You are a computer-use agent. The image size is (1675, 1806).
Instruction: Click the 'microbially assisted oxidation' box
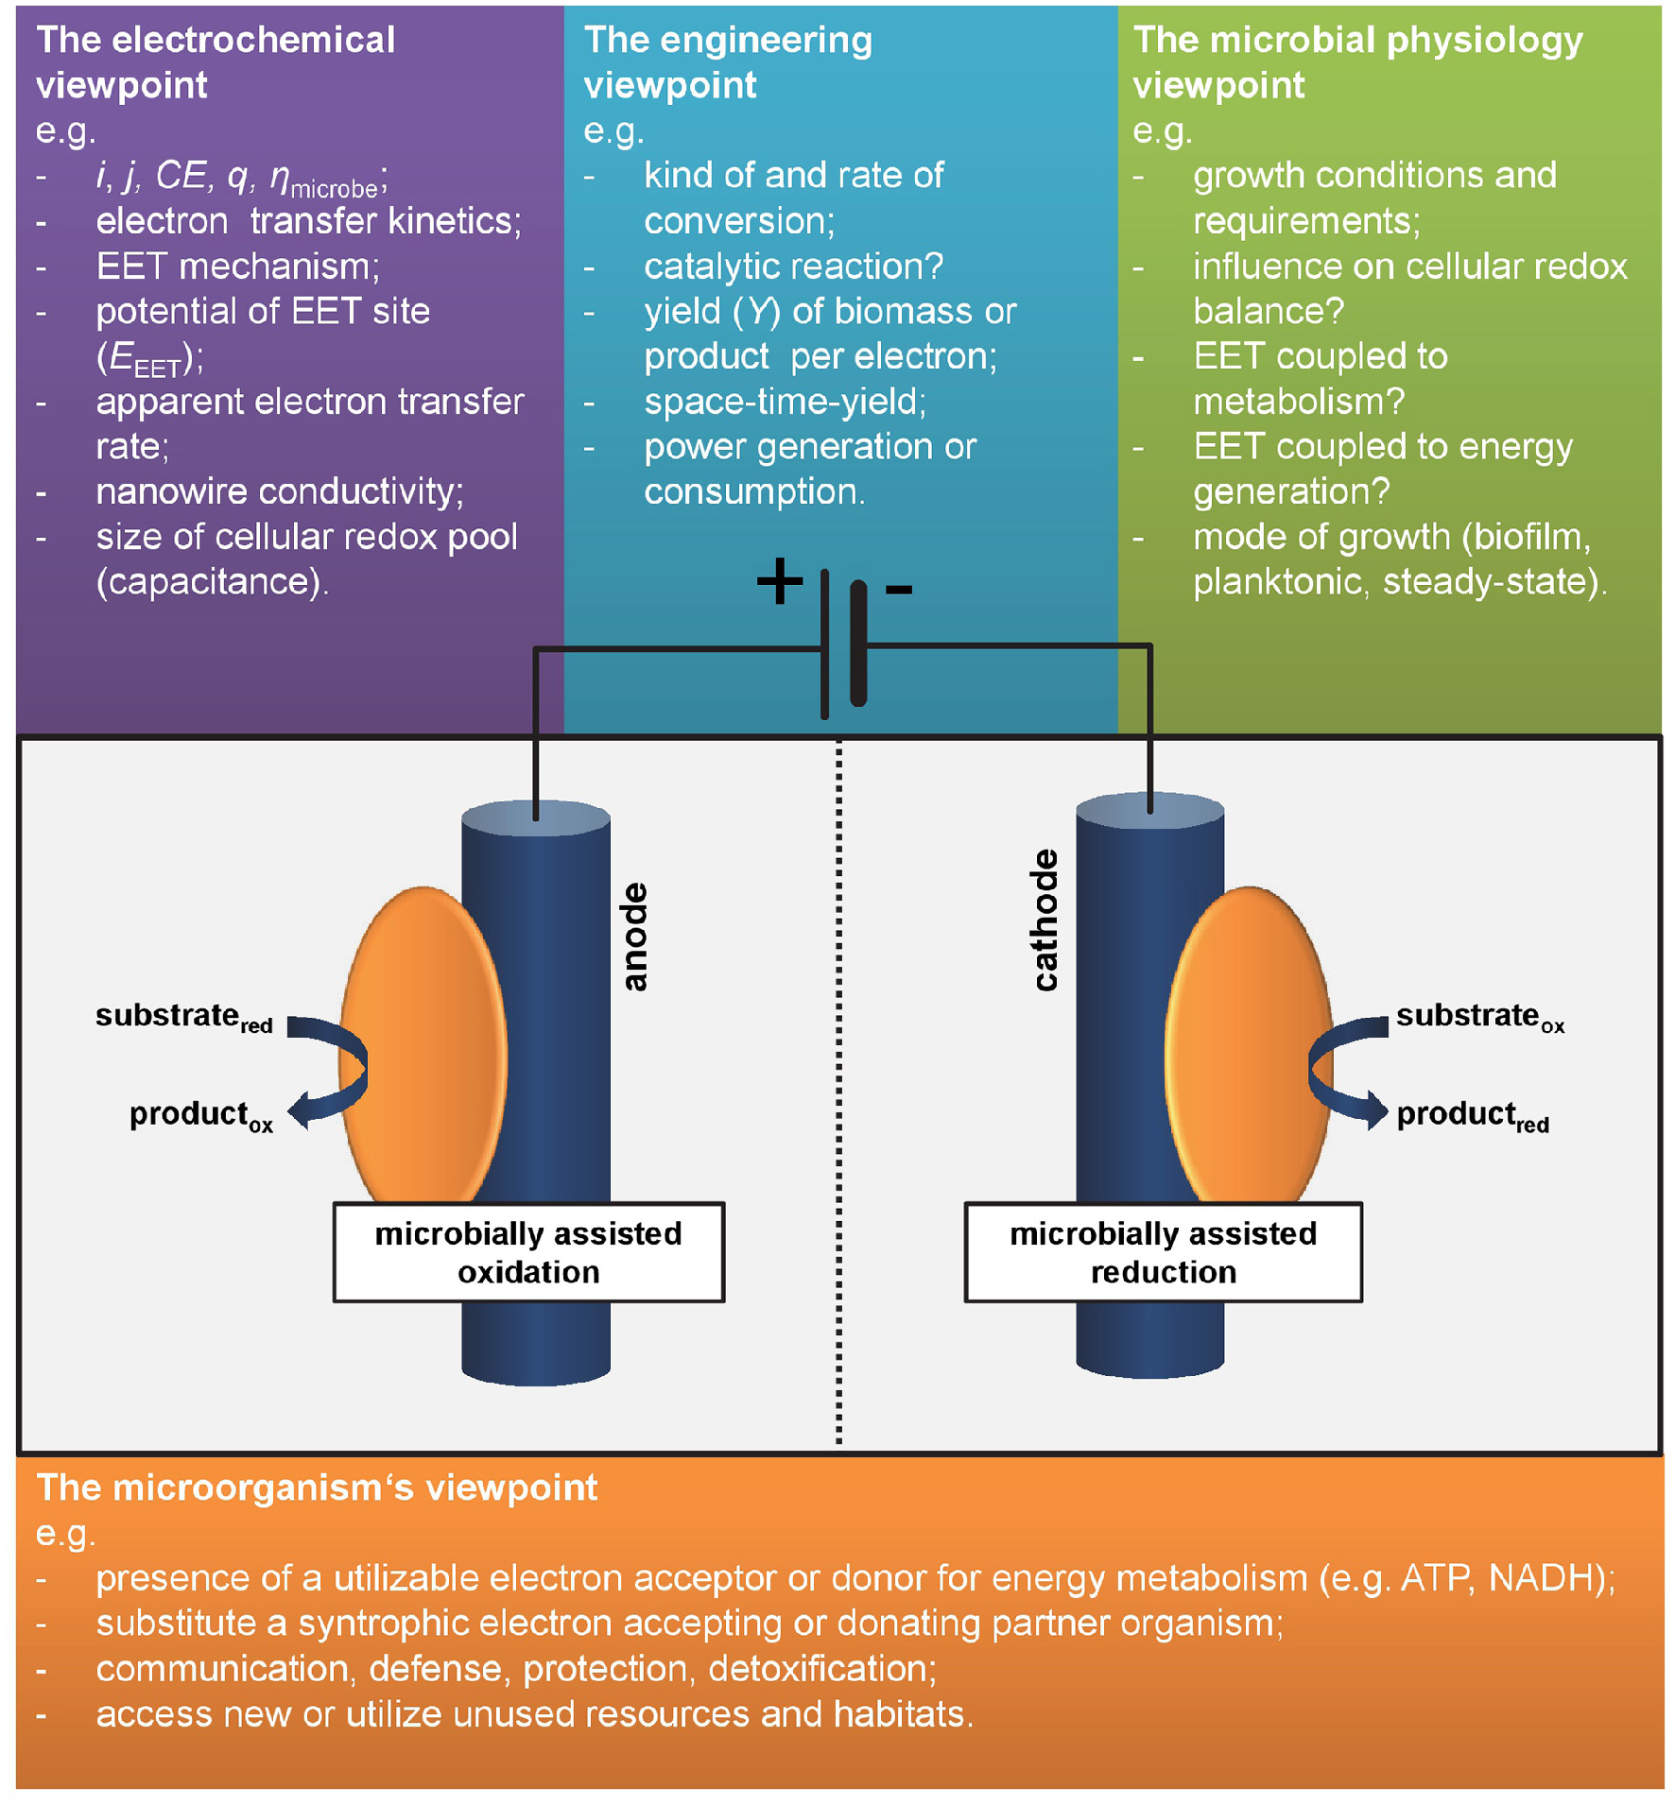point(528,1252)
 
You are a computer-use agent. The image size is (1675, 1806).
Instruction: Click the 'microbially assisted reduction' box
point(1163,1252)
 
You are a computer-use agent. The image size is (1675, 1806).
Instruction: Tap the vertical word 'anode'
point(634,937)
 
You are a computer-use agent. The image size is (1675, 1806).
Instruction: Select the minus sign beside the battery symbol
point(898,590)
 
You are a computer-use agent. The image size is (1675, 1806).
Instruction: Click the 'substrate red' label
point(183,1017)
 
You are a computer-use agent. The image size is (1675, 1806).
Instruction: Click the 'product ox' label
point(200,1115)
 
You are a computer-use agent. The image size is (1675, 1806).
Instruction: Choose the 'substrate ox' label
point(1479,1017)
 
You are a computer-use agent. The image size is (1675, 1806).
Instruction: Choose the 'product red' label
point(1472,1115)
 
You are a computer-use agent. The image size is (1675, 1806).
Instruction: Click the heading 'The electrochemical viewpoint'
point(216,62)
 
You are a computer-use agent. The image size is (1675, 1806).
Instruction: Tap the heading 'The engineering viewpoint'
point(728,62)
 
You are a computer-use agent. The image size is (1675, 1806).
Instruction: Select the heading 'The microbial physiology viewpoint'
point(1357,62)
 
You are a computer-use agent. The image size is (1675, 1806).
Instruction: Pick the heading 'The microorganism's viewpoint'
point(317,1488)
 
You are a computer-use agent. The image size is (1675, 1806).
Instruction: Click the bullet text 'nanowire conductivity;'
point(280,491)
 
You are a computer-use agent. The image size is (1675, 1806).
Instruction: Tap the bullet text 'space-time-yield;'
point(785,402)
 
